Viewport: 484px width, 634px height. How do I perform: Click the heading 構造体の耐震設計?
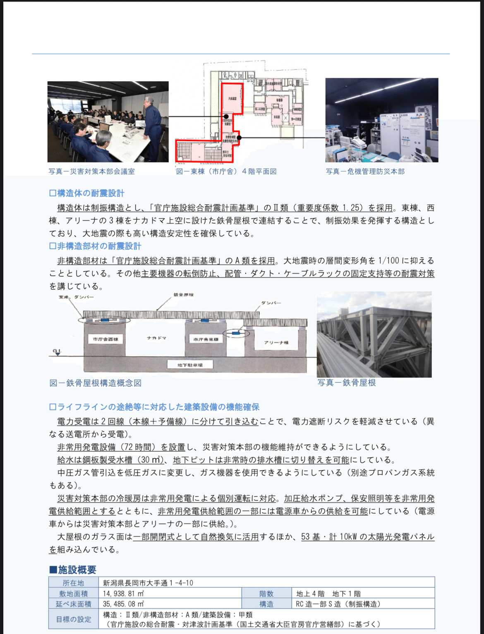click(x=87, y=193)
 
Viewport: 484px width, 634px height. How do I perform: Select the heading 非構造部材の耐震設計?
click(x=96, y=246)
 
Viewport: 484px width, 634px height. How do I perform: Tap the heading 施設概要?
click(x=73, y=570)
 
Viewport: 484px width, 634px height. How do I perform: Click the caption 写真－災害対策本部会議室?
click(x=91, y=172)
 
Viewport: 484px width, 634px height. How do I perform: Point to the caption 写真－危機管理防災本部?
click(x=365, y=172)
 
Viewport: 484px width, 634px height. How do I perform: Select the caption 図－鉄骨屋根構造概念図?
click(x=96, y=383)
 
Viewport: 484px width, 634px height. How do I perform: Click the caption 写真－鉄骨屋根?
click(x=347, y=383)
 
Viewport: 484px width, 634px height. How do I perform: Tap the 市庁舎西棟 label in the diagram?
click(x=105, y=339)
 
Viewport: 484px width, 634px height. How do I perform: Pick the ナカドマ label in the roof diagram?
click(x=156, y=338)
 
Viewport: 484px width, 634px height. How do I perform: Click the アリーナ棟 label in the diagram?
click(x=276, y=343)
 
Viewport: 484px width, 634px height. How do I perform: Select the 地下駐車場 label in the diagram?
click(x=190, y=365)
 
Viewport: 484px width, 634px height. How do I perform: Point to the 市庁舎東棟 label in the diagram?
click(x=206, y=339)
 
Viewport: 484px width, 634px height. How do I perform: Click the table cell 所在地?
click(x=73, y=583)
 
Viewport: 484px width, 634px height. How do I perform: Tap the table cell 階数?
click(x=266, y=593)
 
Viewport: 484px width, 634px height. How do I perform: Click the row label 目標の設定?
click(x=73, y=619)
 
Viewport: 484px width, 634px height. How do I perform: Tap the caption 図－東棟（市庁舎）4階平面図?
click(x=226, y=172)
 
